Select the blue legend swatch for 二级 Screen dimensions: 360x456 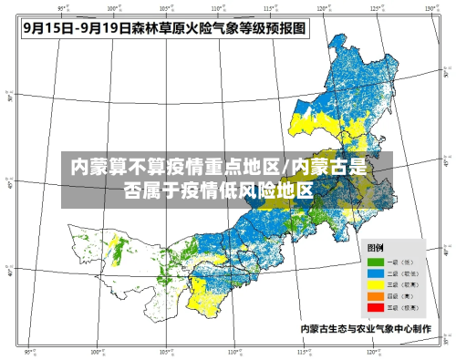click(x=376, y=273)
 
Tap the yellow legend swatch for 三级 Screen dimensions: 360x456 click(x=376, y=283)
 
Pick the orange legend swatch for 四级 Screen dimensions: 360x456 click(x=376, y=294)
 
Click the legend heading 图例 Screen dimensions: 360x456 click(x=375, y=248)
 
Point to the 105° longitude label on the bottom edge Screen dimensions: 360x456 click(x=164, y=352)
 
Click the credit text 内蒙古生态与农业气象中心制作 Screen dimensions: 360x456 click(x=365, y=327)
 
